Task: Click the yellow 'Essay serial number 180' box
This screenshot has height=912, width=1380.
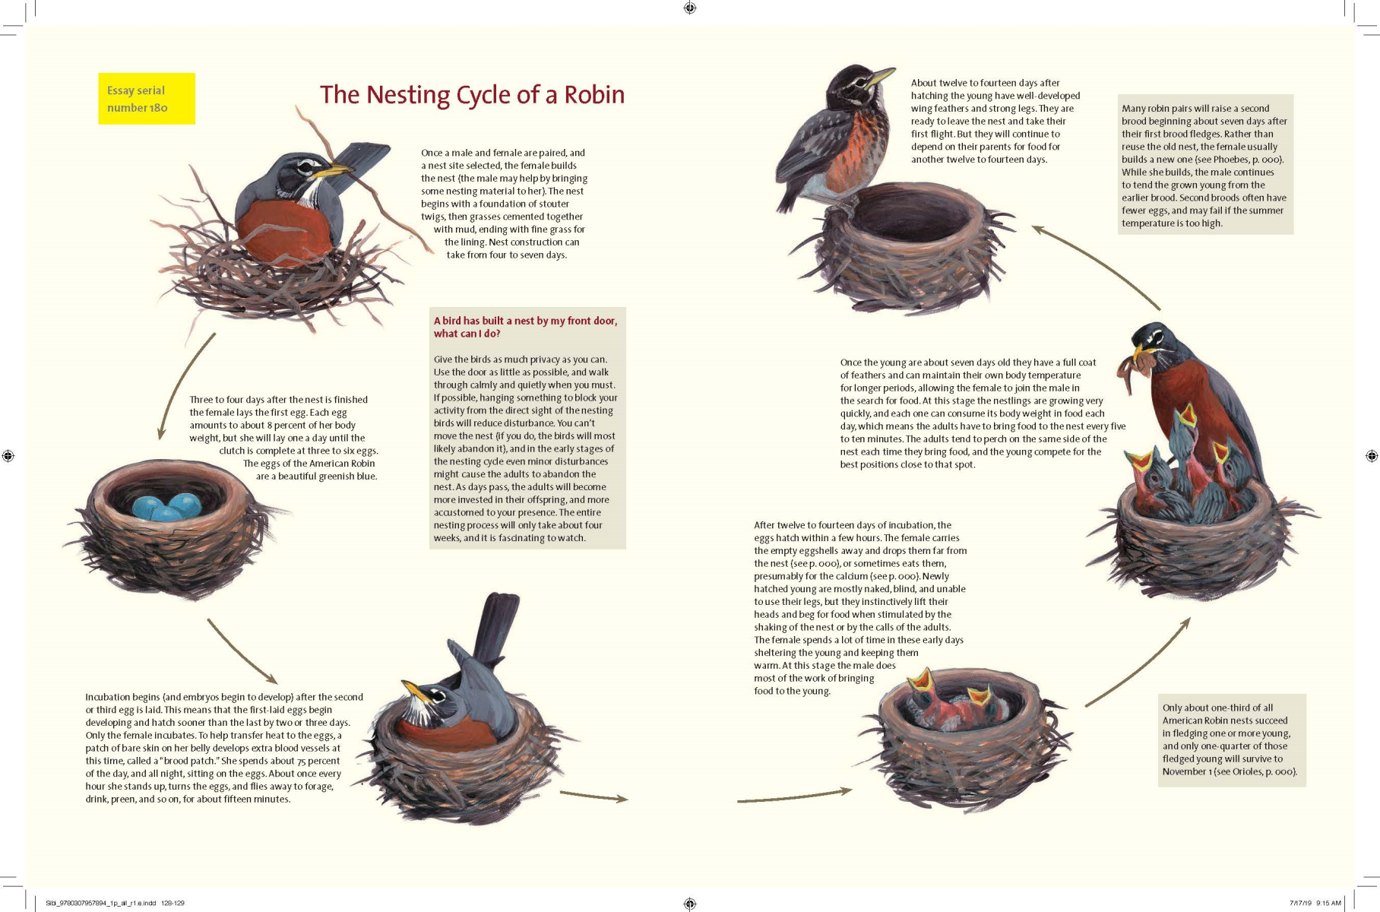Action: point(146,99)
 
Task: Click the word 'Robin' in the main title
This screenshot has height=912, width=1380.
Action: point(594,95)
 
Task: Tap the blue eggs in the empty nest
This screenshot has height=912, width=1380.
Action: point(166,507)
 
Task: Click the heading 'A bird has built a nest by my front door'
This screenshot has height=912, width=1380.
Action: point(525,321)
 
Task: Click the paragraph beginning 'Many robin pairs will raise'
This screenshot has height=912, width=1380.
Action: point(1204,165)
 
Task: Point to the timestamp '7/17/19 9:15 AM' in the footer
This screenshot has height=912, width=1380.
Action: point(1315,903)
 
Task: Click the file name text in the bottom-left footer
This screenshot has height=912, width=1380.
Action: point(114,903)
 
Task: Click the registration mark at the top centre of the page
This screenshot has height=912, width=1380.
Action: point(689,8)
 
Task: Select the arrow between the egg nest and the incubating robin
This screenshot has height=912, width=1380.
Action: point(242,652)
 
